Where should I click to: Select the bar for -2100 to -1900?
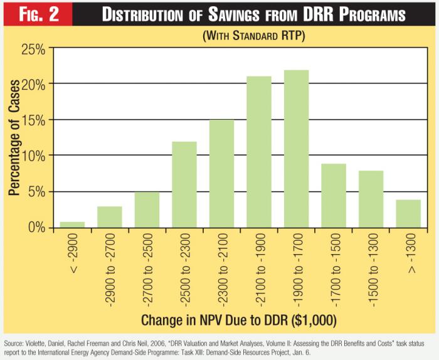point(258,151)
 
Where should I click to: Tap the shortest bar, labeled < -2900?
point(72,224)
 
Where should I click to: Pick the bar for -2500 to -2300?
point(184,184)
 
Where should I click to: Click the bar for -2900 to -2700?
point(109,216)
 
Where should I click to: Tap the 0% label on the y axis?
point(36,227)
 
